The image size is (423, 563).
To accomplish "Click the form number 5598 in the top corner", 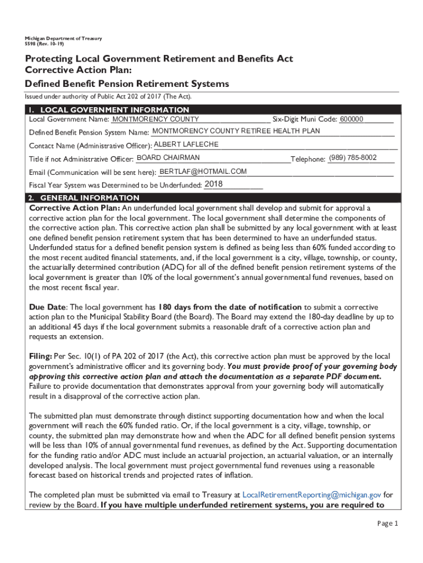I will coord(30,44).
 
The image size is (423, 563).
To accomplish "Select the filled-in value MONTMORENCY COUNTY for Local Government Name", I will coord(155,119).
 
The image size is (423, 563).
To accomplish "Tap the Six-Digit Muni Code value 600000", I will coord(352,119).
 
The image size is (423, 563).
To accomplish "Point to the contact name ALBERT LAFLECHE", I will coord(186,145).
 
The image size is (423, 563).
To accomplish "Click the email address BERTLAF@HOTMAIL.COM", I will coord(203,172).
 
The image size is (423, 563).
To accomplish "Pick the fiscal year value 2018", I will coord(213,184).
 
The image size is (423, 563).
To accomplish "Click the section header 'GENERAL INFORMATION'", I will coord(90,197).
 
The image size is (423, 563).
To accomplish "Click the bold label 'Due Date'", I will coord(48,307).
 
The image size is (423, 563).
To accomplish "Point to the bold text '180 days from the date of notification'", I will coord(230,307).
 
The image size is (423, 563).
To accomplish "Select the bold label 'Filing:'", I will coord(41,356).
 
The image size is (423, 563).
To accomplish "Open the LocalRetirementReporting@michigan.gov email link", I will coord(312,495).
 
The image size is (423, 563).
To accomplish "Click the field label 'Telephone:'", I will coord(308,159).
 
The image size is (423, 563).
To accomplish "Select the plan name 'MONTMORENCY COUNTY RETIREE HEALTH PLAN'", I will coord(236,131).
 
